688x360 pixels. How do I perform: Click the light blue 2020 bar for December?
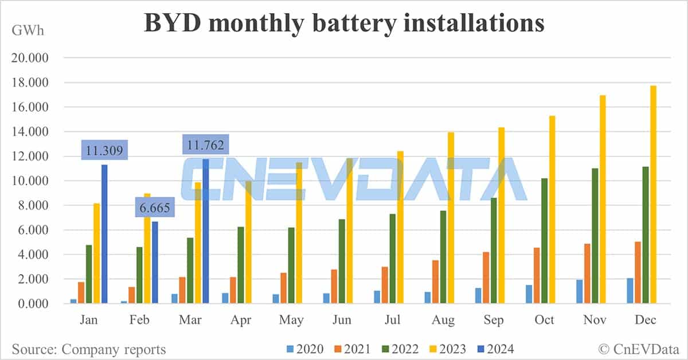coord(630,291)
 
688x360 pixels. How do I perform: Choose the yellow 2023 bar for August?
coord(451,218)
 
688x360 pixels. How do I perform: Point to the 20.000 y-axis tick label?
coord(34,58)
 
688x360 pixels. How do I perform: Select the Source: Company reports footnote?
coord(89,349)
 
